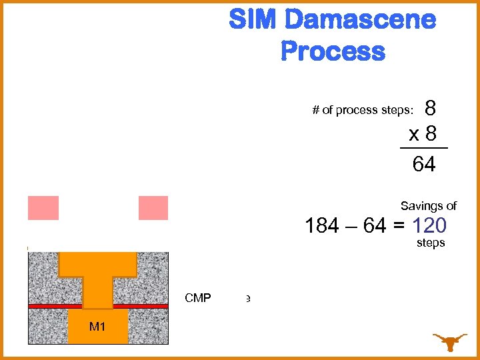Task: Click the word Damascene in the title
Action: pos(360,20)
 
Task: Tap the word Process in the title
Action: pos(333,51)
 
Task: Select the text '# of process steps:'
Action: pos(363,110)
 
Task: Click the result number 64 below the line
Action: pos(424,164)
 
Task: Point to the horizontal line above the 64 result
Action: pos(424,148)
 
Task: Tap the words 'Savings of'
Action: pos(428,206)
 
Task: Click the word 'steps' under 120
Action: pos(430,243)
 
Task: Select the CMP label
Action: pos(198,298)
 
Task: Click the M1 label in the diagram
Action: pos(98,327)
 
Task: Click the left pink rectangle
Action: pos(43,208)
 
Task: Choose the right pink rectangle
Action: pos(153,208)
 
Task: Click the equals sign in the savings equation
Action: pos(397,226)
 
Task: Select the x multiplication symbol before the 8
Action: pos(414,135)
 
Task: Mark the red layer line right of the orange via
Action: pos(149,306)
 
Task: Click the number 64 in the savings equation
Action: pos(375,226)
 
